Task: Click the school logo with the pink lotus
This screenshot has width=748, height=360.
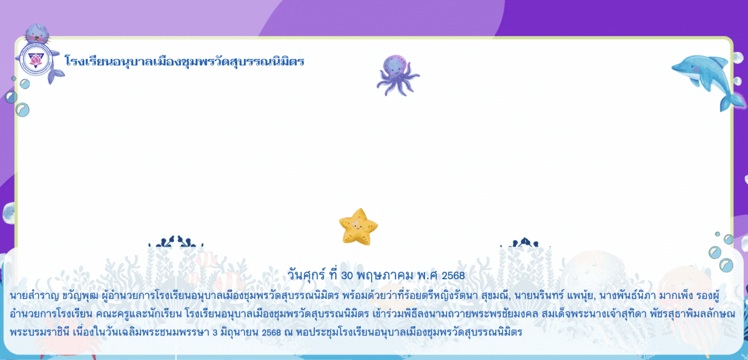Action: [35, 60]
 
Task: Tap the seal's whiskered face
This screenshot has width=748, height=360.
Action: [37, 35]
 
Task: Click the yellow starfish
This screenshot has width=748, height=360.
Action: [358, 227]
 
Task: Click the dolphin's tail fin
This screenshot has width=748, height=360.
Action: [731, 102]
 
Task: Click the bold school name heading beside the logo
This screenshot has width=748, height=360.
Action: [184, 61]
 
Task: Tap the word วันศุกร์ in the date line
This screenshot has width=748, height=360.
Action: [306, 275]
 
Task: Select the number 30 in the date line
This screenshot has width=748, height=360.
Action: [347, 276]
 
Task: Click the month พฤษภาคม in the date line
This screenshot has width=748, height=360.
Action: [385, 276]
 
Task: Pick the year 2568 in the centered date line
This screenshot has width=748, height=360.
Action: [453, 276]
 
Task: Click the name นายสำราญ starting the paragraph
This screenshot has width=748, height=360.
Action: [34, 296]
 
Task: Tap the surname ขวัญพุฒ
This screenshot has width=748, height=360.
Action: [80, 296]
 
